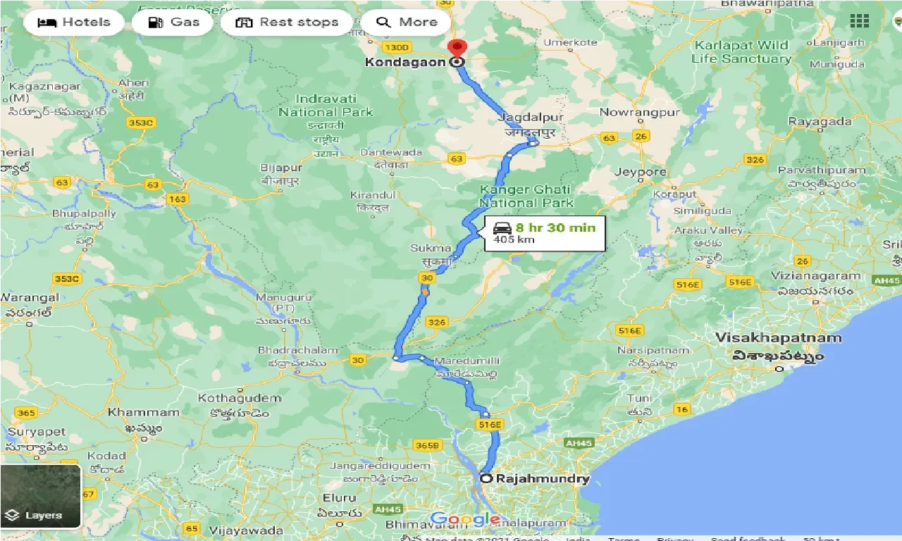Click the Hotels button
[x=74, y=22]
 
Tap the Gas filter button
[x=174, y=22]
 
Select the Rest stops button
[x=287, y=22]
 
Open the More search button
[x=407, y=22]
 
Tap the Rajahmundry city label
[x=542, y=479]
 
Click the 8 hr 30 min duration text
[x=555, y=228]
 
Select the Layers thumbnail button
[x=41, y=496]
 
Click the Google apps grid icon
[x=859, y=21]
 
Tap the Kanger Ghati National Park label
[x=526, y=196]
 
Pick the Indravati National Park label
[x=326, y=106]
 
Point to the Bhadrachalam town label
[x=298, y=350]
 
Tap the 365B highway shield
[x=427, y=445]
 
